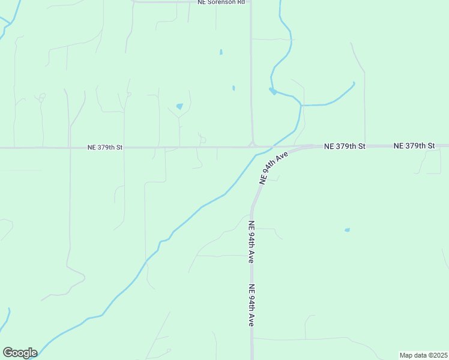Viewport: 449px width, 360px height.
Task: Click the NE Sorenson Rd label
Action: (221, 2)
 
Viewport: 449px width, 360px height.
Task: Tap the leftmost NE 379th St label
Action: (105, 147)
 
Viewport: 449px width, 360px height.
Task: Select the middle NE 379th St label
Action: (345, 146)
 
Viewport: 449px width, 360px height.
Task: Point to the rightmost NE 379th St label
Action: (414, 146)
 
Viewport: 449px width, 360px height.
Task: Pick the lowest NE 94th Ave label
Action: (253, 305)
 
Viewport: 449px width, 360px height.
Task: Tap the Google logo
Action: (20, 353)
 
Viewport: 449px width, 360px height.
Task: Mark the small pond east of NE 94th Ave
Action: (347, 230)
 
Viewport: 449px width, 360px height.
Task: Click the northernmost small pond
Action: (221, 52)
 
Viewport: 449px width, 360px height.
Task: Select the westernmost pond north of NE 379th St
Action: (179, 106)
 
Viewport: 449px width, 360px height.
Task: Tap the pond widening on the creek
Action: (273, 91)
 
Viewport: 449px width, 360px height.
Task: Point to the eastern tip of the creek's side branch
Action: (354, 83)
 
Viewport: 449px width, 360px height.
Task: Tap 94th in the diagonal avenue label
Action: (276, 166)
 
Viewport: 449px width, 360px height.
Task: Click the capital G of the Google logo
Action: (8, 353)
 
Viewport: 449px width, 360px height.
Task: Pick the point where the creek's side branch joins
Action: (300, 106)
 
